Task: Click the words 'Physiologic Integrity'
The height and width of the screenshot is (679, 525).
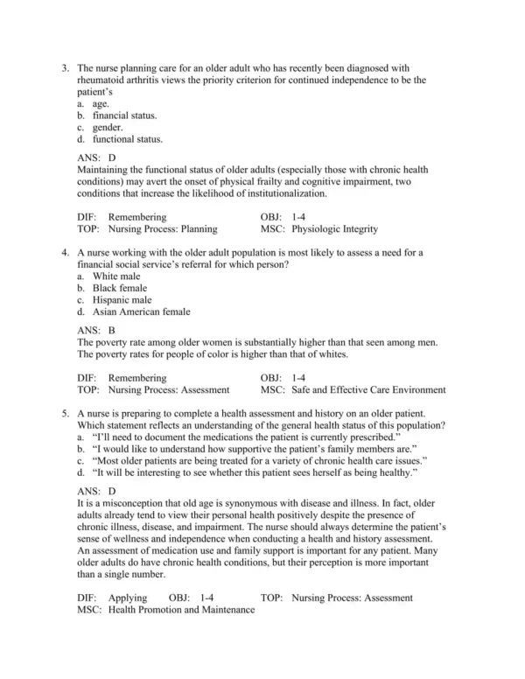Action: click(x=337, y=229)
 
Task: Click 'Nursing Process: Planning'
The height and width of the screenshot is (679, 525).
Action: click(x=164, y=229)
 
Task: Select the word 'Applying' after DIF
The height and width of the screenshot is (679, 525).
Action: click(x=128, y=598)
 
